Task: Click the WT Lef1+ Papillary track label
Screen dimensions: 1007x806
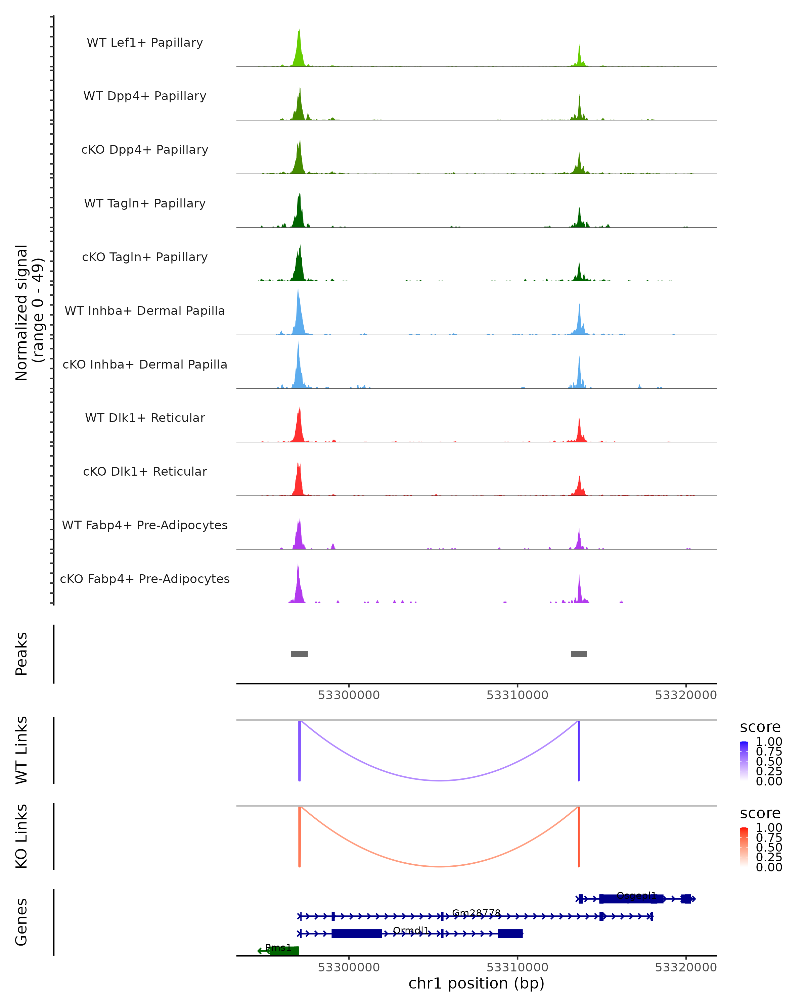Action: pos(145,43)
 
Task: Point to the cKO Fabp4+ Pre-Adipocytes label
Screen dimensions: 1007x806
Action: pos(145,579)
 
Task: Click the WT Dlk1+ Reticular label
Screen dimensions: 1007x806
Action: pos(145,418)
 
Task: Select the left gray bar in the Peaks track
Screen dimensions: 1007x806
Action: pos(300,654)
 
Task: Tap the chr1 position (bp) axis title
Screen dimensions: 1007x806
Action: pos(476,983)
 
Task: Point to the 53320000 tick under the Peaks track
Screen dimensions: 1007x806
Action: pos(685,695)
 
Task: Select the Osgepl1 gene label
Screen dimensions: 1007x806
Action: pos(636,895)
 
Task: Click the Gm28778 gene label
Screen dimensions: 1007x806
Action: pos(476,913)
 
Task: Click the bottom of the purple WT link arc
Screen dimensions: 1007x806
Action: pos(439,780)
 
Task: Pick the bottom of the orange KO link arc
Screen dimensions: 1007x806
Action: pos(439,866)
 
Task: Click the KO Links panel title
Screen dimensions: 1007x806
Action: pos(21,836)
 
